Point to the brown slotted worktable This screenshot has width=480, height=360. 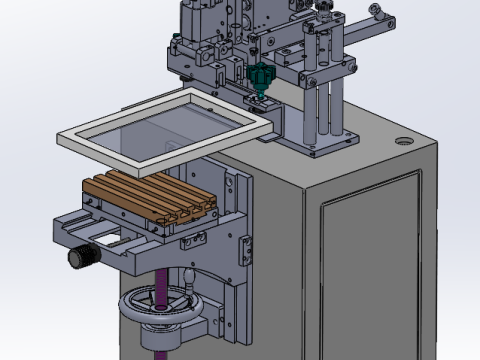tap(150, 197)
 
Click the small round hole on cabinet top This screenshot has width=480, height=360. tap(404, 141)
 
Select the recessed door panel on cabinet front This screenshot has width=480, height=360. tap(370, 270)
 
